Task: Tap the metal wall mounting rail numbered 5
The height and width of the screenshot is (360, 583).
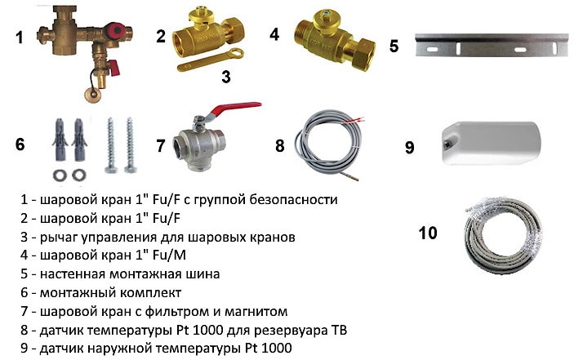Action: point(492,45)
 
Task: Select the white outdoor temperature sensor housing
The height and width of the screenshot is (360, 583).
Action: point(492,143)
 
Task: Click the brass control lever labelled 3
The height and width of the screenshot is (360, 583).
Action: point(211,60)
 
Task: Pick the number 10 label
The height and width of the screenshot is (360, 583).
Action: point(428,233)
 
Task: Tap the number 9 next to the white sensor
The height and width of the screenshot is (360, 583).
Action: point(409,147)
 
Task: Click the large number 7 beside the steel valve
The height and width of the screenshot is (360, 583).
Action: point(160,145)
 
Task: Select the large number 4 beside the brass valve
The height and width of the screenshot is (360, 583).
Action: point(274,34)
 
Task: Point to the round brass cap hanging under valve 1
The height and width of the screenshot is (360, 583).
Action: point(92,94)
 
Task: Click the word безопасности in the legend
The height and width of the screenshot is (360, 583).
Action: point(293,200)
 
